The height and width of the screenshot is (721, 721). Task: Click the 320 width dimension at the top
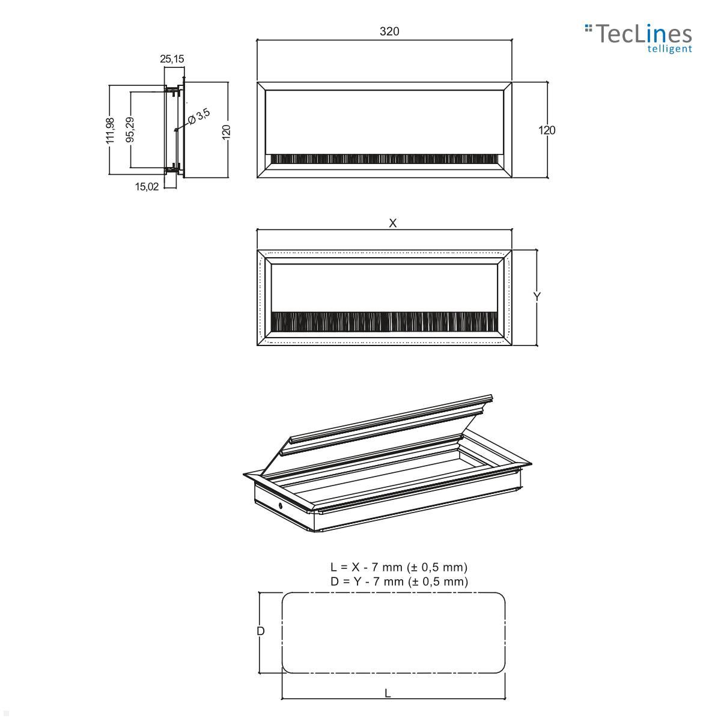point(389,31)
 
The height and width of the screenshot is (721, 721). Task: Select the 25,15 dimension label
point(172,59)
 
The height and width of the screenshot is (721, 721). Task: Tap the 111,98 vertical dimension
point(110,130)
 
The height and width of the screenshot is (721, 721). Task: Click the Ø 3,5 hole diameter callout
point(198,116)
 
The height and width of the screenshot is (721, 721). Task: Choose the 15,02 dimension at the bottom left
point(147,186)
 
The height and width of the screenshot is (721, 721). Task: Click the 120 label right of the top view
point(547,130)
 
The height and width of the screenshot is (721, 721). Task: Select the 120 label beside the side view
point(227,132)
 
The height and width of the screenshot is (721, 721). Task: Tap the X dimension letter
point(393,223)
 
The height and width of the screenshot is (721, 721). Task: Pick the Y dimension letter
point(538,297)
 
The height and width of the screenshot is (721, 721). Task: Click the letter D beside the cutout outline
point(261,631)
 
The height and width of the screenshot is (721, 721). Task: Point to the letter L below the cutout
point(388,693)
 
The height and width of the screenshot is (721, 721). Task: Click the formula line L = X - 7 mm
point(398,567)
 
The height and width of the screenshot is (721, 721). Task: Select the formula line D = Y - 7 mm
point(398,581)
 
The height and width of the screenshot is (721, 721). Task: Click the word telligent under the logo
point(669,49)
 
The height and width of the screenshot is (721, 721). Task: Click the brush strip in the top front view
point(385,159)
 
